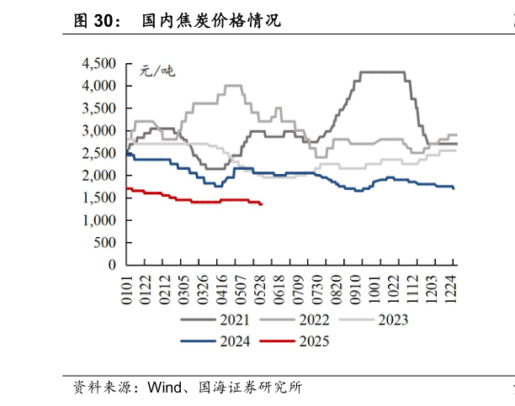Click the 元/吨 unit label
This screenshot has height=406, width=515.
pyautogui.click(x=157, y=71)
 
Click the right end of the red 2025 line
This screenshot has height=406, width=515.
pyautogui.click(x=263, y=204)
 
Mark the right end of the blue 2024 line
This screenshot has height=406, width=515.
pyautogui.click(x=454, y=188)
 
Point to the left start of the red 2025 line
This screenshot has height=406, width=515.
pyautogui.click(x=126, y=188)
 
